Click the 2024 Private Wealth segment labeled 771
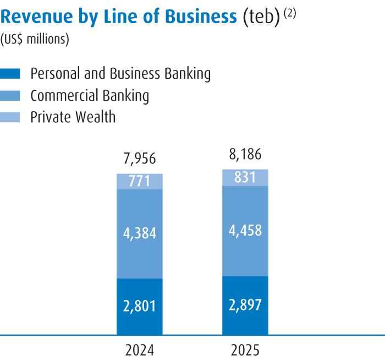(x=140, y=181)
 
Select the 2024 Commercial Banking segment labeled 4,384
(x=140, y=233)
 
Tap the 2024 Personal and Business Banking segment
(x=140, y=306)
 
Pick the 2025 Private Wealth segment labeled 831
(x=245, y=177)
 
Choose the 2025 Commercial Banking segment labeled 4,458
(x=245, y=230)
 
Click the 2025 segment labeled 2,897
(x=245, y=305)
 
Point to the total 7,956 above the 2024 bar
(x=140, y=160)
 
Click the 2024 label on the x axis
(x=140, y=351)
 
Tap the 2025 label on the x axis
(x=245, y=351)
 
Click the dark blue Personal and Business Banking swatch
(x=10, y=74)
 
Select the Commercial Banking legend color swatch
(x=10, y=96)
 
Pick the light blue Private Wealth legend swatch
(x=10, y=117)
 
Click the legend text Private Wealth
(x=73, y=117)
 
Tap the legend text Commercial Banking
(x=90, y=96)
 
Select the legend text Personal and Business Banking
(x=120, y=74)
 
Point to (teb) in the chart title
(x=261, y=17)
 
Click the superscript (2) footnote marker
(x=289, y=12)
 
